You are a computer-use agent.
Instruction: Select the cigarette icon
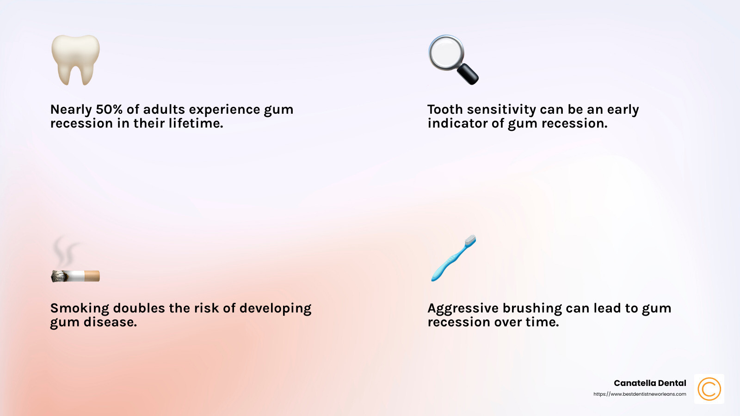75,276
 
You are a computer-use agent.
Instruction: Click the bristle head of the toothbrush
470,241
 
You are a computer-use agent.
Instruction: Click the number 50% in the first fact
109,110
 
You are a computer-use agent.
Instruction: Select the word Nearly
71,110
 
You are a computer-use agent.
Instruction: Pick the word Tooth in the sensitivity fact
445,110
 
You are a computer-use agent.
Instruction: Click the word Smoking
80,308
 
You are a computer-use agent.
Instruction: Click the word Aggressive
462,308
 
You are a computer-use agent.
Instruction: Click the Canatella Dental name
650,383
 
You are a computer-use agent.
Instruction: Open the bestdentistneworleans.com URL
640,394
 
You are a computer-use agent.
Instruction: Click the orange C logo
709,389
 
